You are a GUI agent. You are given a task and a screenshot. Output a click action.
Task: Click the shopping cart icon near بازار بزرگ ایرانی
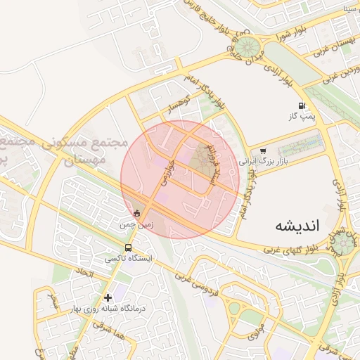pyautogui.click(x=263, y=150)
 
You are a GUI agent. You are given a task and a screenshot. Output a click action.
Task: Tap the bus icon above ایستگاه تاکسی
pyautogui.click(x=128, y=248)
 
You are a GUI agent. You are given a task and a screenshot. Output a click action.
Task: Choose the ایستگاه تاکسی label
pyautogui.click(x=129, y=259)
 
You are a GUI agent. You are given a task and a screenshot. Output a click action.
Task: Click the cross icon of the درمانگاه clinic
pyautogui.click(x=108, y=297)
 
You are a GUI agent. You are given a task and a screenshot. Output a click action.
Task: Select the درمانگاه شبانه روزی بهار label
pyautogui.click(x=108, y=308)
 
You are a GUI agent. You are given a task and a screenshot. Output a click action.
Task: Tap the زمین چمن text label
pyautogui.click(x=136, y=225)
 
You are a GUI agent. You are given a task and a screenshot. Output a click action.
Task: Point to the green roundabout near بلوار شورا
pyautogui.click(x=246, y=48)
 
